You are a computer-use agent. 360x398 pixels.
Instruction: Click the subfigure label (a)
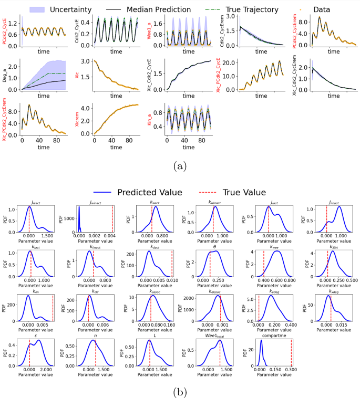click(180, 166)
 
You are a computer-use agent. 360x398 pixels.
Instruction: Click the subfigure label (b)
click(180, 391)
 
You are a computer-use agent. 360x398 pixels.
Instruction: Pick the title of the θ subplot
click(214, 246)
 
